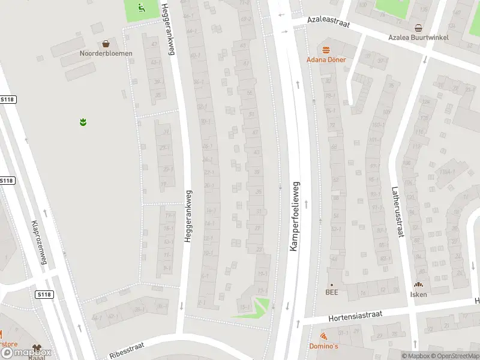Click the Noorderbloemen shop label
click(106, 53)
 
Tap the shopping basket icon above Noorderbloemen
click(106, 43)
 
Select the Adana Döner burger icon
click(326, 50)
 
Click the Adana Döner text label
click(326, 59)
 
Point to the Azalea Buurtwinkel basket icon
click(418, 28)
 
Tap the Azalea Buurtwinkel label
click(418, 37)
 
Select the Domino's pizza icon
click(323, 337)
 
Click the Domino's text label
click(323, 346)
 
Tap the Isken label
click(418, 294)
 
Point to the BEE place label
click(331, 293)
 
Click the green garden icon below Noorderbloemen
click(83, 122)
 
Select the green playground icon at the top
click(141, 8)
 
